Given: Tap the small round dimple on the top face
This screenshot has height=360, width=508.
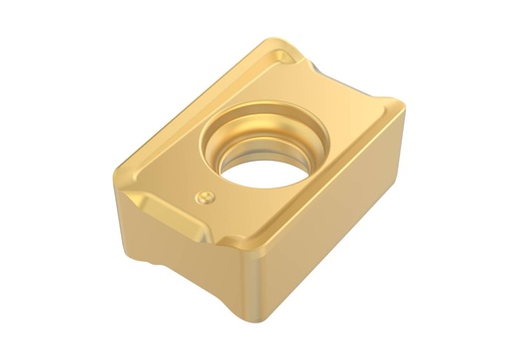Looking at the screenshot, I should point(205,195).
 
